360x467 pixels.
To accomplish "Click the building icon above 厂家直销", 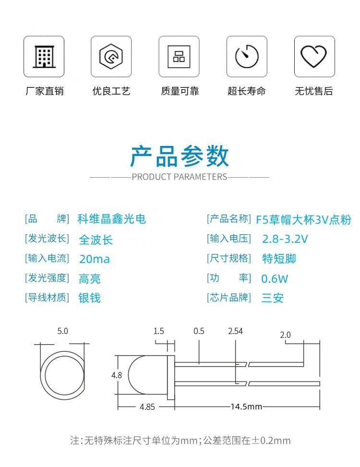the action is click(44, 57).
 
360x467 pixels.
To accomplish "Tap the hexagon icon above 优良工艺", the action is click(111, 56).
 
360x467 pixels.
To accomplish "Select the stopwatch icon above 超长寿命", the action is click(247, 56).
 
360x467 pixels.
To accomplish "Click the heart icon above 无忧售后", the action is click(314, 56).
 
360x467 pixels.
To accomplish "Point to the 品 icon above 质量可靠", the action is click(179, 57).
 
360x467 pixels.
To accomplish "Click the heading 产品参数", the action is click(180, 156).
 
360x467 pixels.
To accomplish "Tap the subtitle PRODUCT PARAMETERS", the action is click(180, 177).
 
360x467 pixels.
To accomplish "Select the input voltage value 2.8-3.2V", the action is click(285, 239).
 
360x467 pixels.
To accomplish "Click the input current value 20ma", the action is click(95, 259).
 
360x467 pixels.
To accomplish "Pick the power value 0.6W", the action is click(275, 279).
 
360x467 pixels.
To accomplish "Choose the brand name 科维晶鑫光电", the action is click(112, 219).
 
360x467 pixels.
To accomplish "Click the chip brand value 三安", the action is click(273, 298).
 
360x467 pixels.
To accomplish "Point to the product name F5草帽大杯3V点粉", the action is click(304, 220).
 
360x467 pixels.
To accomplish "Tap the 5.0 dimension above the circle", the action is click(62, 331).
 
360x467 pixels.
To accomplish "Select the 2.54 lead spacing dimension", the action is click(236, 331).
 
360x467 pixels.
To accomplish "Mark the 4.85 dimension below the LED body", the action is click(147, 407).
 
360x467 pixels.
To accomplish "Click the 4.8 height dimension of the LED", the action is click(117, 375).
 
